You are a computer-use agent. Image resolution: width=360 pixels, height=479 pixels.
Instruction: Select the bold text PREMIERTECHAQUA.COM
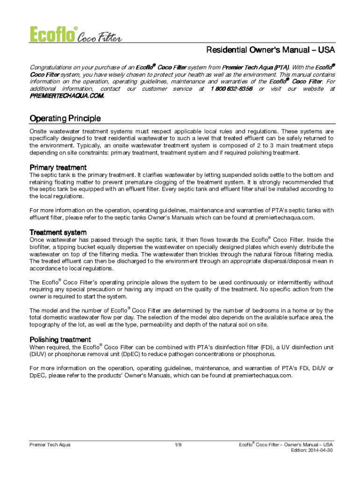pos(67,96)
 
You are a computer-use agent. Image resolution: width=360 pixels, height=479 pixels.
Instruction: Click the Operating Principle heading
pos(65,118)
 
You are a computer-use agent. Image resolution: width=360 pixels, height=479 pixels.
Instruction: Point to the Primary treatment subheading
pos(58,167)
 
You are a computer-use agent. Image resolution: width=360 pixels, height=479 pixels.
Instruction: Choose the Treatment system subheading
pos(58,232)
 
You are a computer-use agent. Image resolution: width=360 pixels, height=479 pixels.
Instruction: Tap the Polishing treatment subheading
pos(60,339)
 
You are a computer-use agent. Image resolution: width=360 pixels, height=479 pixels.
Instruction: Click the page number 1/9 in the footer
pos(178,444)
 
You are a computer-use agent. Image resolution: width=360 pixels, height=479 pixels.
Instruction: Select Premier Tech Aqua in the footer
pos(50,444)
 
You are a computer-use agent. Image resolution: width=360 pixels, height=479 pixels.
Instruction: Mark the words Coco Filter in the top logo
pos(99,37)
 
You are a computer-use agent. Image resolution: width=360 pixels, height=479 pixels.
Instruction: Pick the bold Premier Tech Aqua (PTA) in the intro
pos(255,67)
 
